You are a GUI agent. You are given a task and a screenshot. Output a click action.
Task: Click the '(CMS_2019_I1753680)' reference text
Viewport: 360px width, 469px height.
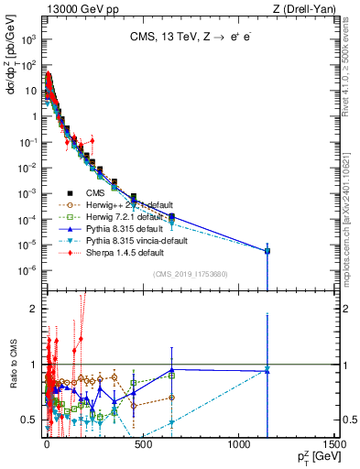point(190,274)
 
